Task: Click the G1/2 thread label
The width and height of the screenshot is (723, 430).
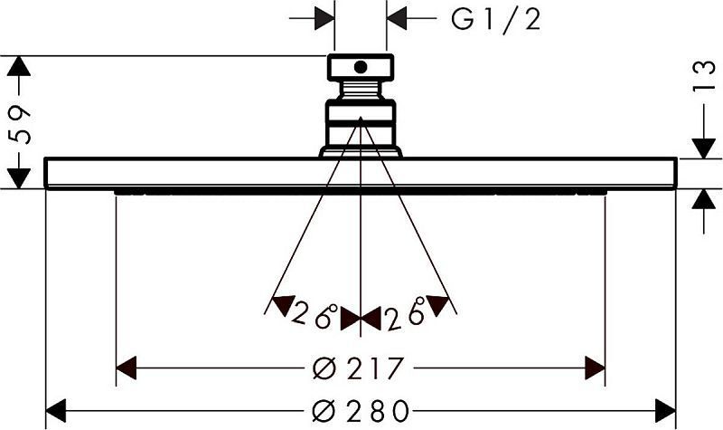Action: tap(495, 20)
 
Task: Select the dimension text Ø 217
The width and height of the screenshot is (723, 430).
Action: tap(358, 368)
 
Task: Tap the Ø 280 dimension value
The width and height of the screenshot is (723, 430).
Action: tap(361, 411)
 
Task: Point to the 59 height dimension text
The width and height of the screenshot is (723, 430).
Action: tap(20, 125)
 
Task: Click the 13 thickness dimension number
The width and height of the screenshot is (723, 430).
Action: tap(704, 76)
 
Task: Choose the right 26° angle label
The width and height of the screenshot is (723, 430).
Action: tap(405, 314)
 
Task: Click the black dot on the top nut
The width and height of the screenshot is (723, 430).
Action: tap(361, 67)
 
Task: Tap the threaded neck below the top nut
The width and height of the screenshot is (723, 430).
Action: tap(361, 91)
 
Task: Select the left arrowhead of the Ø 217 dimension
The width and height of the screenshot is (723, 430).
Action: tap(126, 368)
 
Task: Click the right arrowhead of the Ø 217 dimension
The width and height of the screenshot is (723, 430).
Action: tap(595, 368)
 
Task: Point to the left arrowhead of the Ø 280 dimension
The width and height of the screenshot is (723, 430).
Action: tap(56, 411)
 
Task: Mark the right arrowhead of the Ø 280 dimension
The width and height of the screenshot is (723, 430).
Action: tap(665, 411)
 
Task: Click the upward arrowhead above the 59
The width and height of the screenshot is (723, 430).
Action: tap(19, 66)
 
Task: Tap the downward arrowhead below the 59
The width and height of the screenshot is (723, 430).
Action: tap(19, 178)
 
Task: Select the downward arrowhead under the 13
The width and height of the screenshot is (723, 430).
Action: tap(704, 148)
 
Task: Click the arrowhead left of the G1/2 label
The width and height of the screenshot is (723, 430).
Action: tap(324, 18)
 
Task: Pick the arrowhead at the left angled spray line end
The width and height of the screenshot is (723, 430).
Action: tap(283, 305)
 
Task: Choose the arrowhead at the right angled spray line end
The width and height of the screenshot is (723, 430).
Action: tap(437, 305)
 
